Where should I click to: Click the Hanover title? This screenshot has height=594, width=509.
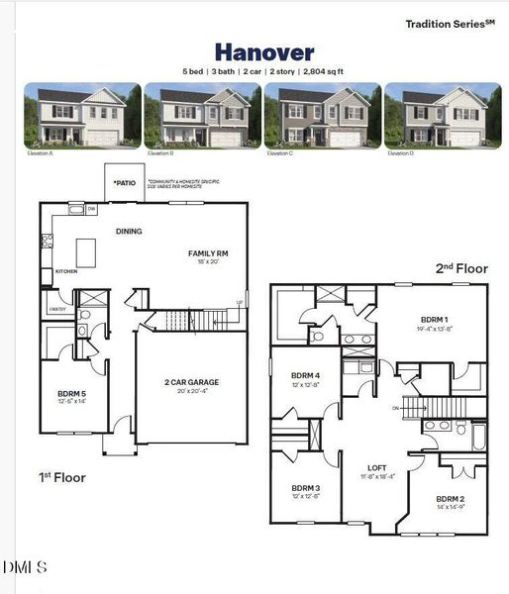pyautogui.click(x=264, y=52)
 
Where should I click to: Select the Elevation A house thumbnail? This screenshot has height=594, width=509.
pyautogui.click(x=82, y=116)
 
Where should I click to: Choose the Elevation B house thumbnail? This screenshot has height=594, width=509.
pyautogui.click(x=202, y=116)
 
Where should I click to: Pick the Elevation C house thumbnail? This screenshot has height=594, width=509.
pyautogui.click(x=322, y=116)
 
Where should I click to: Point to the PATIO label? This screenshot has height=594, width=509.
pyautogui.click(x=125, y=183)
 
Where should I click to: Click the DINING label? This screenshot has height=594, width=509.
pyautogui.click(x=129, y=232)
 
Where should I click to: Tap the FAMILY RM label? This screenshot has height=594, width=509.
pyautogui.click(x=208, y=253)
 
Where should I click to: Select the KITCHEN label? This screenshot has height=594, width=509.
pyautogui.click(x=66, y=271)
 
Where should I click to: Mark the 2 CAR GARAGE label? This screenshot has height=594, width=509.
pyautogui.click(x=191, y=382)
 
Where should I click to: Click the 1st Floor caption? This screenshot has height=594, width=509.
pyautogui.click(x=61, y=478)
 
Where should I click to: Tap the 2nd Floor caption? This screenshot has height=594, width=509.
pyautogui.click(x=461, y=268)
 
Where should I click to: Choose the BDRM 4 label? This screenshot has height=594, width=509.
pyautogui.click(x=305, y=375)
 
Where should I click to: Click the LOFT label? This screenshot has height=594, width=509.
pyautogui.click(x=377, y=467)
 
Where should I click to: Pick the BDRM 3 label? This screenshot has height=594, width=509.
pyautogui.click(x=305, y=488)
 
